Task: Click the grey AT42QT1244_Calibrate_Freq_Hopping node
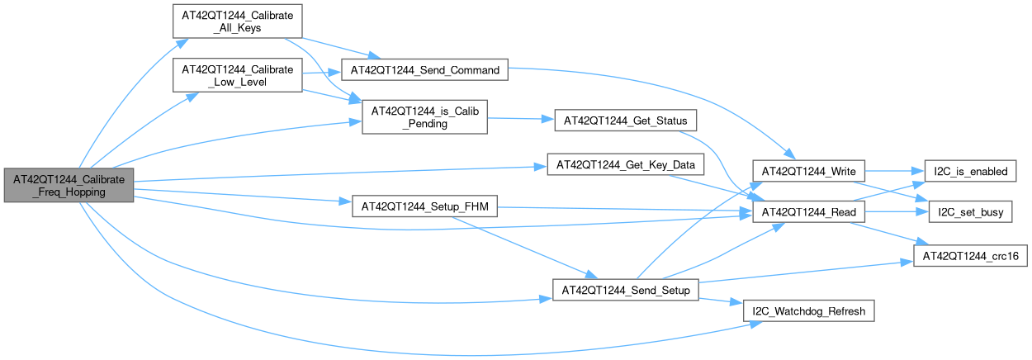click(68, 185)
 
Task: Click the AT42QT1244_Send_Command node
click(425, 70)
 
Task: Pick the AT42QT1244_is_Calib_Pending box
click(424, 116)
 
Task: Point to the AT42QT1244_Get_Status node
click(626, 121)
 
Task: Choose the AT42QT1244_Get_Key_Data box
click(626, 165)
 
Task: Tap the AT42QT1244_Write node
click(807, 171)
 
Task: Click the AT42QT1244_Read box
click(807, 212)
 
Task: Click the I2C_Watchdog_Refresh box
click(807, 311)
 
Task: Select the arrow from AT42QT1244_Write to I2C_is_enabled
click(887, 171)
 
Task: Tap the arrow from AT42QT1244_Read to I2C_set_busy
click(895, 212)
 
